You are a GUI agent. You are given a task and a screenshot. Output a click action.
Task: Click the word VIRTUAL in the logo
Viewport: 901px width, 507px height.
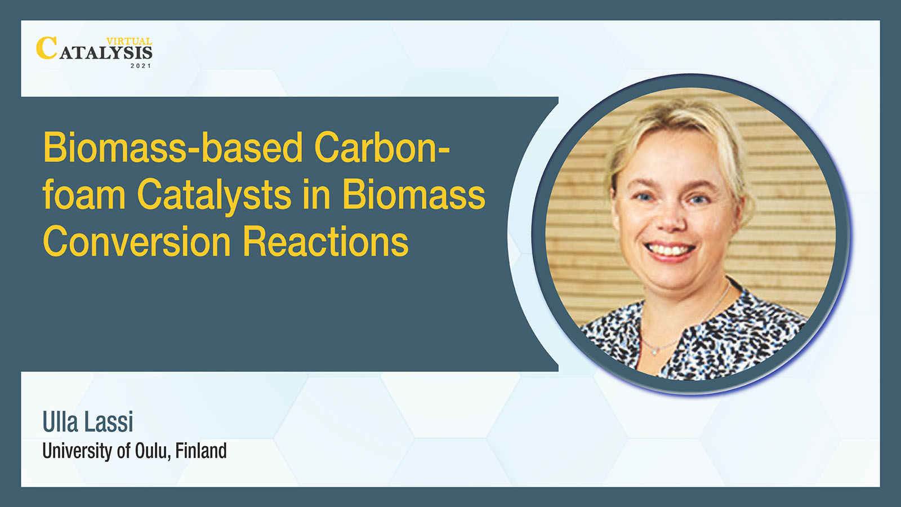[x=129, y=41]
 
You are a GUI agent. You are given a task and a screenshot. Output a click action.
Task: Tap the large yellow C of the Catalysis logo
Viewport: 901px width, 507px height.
[x=46, y=48]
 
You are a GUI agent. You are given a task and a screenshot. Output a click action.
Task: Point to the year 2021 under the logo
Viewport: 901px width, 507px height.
[x=141, y=65]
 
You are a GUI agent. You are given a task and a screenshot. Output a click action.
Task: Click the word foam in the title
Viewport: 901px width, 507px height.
[x=84, y=194]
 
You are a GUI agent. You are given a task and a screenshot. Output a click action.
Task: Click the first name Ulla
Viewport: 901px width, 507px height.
[x=60, y=422]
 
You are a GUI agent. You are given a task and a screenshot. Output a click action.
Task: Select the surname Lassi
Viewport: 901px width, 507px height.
[x=109, y=422]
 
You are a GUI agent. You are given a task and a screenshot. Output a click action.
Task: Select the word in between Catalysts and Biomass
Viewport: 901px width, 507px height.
[x=316, y=194]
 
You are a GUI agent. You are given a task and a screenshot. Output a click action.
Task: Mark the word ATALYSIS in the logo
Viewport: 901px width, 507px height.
[x=106, y=53]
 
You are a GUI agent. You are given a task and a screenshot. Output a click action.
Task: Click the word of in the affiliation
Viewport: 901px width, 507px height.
[x=123, y=451]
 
